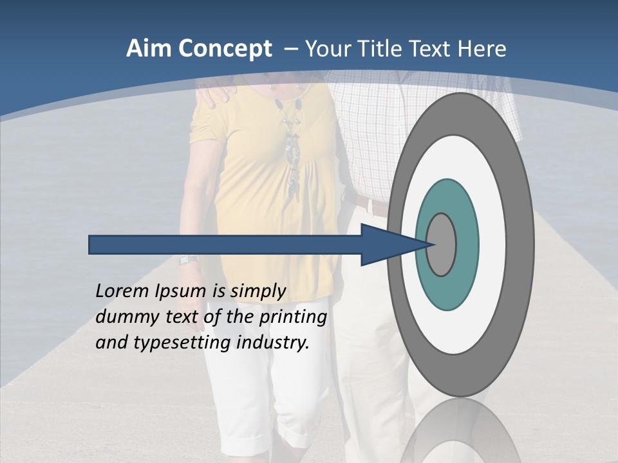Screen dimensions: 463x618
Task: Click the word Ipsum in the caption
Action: point(180,291)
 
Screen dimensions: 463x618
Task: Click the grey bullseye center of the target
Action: point(442,244)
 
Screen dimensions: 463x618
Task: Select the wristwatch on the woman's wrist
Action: point(187,259)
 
